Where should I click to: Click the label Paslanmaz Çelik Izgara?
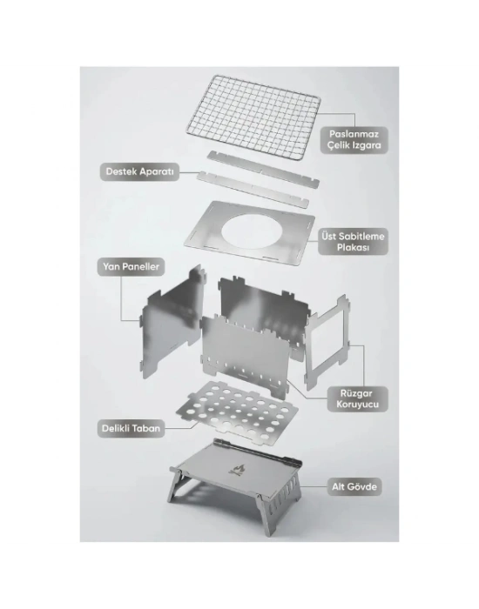[354, 140]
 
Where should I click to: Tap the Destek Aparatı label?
[140, 171]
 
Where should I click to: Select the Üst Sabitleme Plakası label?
[353, 242]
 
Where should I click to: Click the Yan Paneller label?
[131, 267]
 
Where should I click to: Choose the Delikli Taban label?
[131, 428]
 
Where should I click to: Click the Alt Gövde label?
[354, 486]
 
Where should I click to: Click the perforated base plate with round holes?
[237, 411]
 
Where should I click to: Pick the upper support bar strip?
[263, 169]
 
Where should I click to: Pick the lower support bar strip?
[253, 189]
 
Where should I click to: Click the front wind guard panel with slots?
[245, 355]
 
